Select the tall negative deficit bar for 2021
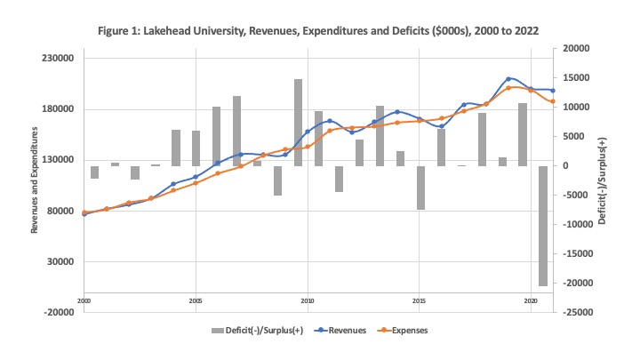point(543,226)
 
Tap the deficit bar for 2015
point(420,188)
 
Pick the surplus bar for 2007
point(237,132)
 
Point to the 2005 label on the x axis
point(196,301)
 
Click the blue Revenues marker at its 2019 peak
point(508,79)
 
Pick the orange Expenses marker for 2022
point(553,101)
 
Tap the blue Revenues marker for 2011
point(330,121)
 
